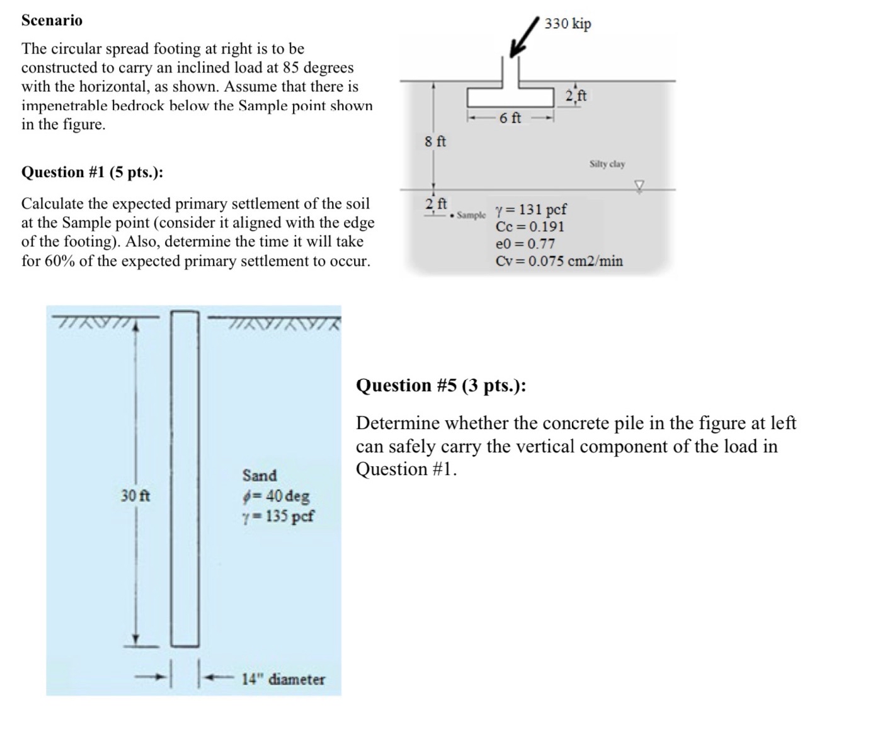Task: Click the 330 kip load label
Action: (568, 24)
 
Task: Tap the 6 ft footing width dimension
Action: (510, 118)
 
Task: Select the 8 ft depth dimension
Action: (435, 141)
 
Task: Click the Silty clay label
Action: (607, 164)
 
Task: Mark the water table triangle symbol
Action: (640, 185)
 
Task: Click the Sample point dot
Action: (453, 215)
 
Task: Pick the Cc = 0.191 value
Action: (530, 227)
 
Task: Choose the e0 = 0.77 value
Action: (525, 244)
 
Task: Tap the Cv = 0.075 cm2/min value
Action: (559, 261)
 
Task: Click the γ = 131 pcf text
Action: (531, 209)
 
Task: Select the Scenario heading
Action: (52, 20)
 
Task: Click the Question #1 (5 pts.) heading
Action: (92, 172)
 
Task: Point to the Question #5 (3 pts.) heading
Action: (441, 385)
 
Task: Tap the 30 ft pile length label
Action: (135, 496)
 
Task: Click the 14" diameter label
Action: (283, 679)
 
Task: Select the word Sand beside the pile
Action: (260, 475)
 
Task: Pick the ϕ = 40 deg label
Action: (276, 496)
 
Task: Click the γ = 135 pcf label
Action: (278, 517)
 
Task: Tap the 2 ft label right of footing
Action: (576, 96)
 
